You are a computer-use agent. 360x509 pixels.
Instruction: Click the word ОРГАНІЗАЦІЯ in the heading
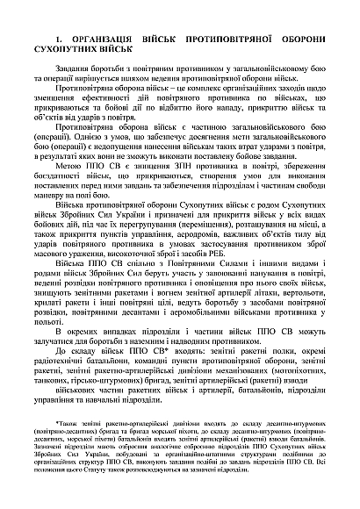pyautogui.click(x=105, y=41)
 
